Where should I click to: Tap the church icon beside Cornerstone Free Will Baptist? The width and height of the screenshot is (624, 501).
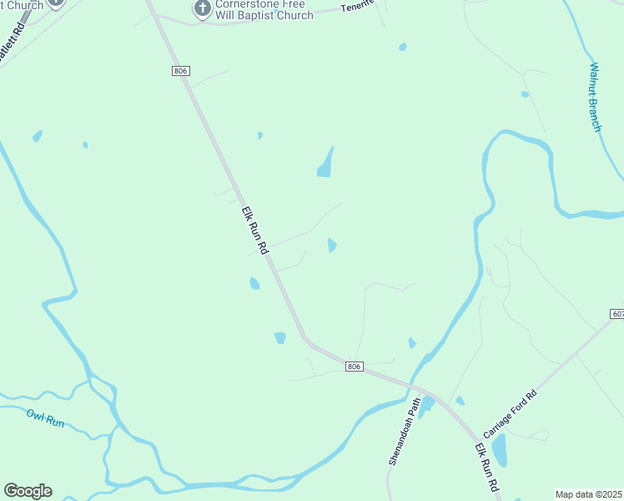click(201, 9)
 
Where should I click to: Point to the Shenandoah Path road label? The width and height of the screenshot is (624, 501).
click(404, 429)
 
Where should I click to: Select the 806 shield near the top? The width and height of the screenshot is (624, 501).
click(181, 71)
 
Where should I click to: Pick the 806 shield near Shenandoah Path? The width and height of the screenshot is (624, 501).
click(354, 367)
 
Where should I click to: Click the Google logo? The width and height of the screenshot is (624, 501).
click(28, 491)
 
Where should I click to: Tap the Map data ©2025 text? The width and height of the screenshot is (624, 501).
click(588, 494)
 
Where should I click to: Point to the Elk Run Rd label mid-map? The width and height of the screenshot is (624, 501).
click(255, 230)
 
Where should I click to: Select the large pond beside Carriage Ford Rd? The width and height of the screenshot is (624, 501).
click(499, 451)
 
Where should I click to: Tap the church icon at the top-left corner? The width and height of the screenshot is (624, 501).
click(56, 3)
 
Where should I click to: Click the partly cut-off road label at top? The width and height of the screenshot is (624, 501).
click(357, 8)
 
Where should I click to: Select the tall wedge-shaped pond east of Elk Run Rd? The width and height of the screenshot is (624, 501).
click(325, 164)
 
